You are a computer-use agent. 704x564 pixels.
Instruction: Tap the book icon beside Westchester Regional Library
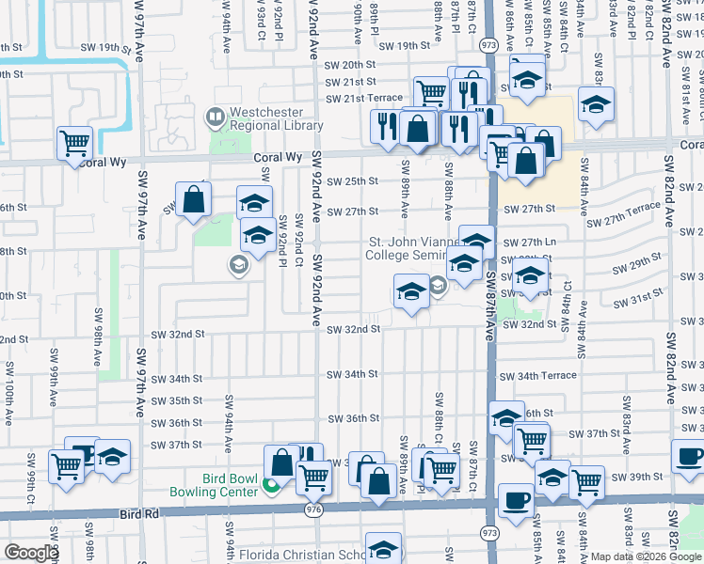tap(215, 117)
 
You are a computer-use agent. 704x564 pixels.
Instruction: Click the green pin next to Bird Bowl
tap(271, 485)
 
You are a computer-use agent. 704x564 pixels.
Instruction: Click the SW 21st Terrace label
tap(363, 99)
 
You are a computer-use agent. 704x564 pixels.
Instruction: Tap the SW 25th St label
tap(353, 180)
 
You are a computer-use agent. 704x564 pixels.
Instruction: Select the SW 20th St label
tap(350, 65)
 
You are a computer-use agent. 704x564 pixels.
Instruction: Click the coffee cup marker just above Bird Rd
tap(515, 498)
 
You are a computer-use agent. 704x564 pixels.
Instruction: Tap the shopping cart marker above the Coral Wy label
tap(74, 144)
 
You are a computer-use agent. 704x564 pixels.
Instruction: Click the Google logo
tap(31, 553)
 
